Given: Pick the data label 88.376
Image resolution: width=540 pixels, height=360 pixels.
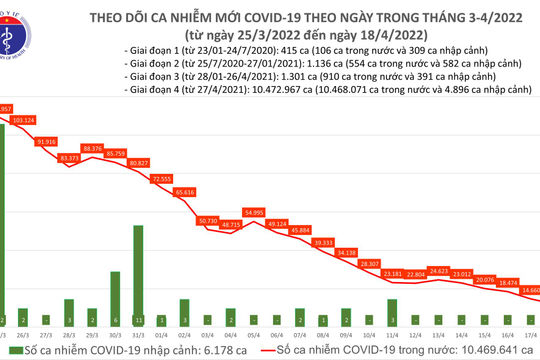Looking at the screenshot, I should tap(120, 148).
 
